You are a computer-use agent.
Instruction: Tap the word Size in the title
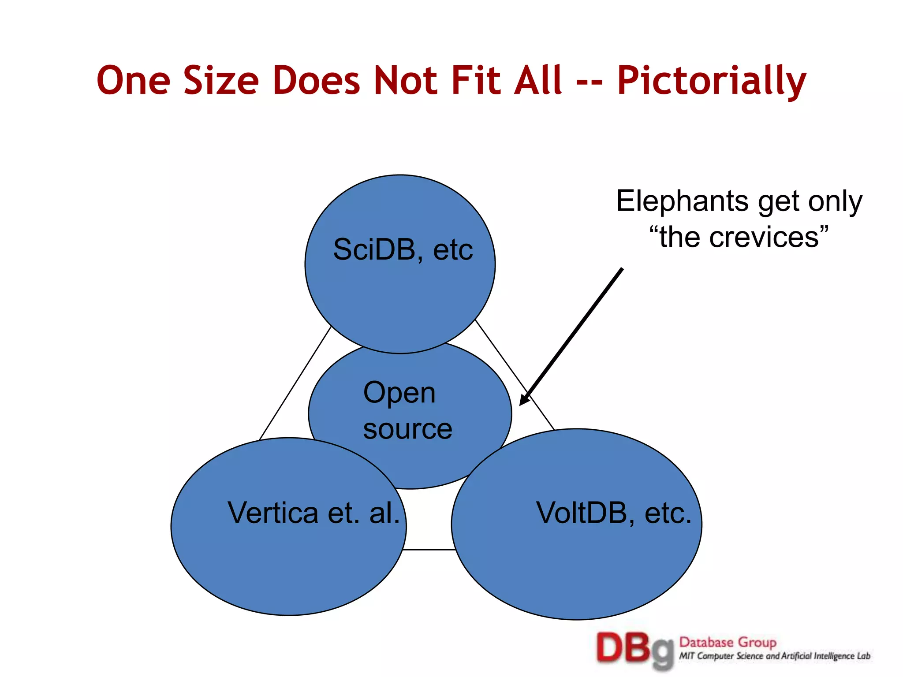[221, 81]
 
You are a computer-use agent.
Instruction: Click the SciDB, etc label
[403, 250]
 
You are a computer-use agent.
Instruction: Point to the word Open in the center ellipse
[399, 393]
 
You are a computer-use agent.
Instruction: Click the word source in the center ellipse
[407, 429]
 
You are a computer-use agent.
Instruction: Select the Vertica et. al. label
[313, 513]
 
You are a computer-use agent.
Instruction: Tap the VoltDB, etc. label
[613, 513]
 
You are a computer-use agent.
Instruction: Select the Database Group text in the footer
[728, 642]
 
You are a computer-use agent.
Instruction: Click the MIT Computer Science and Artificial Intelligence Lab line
[774, 656]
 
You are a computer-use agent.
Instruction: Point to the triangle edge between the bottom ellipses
[429, 550]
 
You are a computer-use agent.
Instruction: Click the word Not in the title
[405, 81]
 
